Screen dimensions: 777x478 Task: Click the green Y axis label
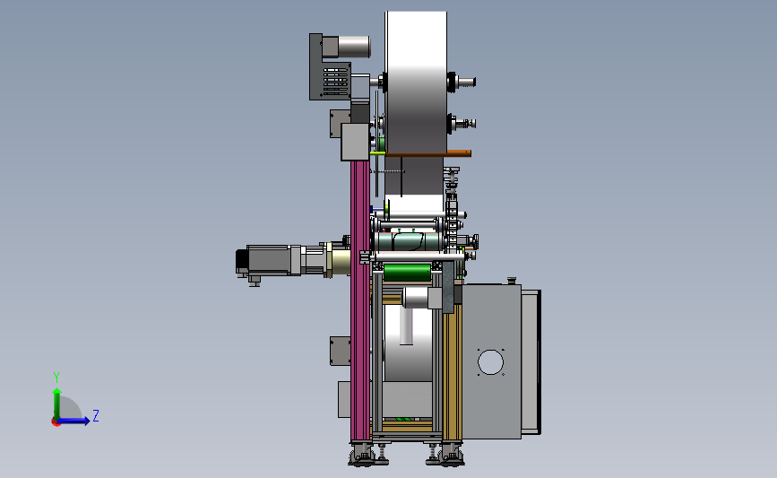coord(56,378)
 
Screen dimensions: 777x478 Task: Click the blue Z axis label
coord(96,415)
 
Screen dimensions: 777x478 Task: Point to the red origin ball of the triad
coord(56,422)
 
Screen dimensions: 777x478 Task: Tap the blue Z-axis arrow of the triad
coord(74,421)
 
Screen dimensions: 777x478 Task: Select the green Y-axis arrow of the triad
coord(57,404)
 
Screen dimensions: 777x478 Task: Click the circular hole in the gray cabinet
coord(490,362)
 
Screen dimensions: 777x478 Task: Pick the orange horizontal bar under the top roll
coord(428,153)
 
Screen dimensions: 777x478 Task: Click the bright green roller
coord(408,273)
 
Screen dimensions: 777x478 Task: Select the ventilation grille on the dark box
coord(335,82)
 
